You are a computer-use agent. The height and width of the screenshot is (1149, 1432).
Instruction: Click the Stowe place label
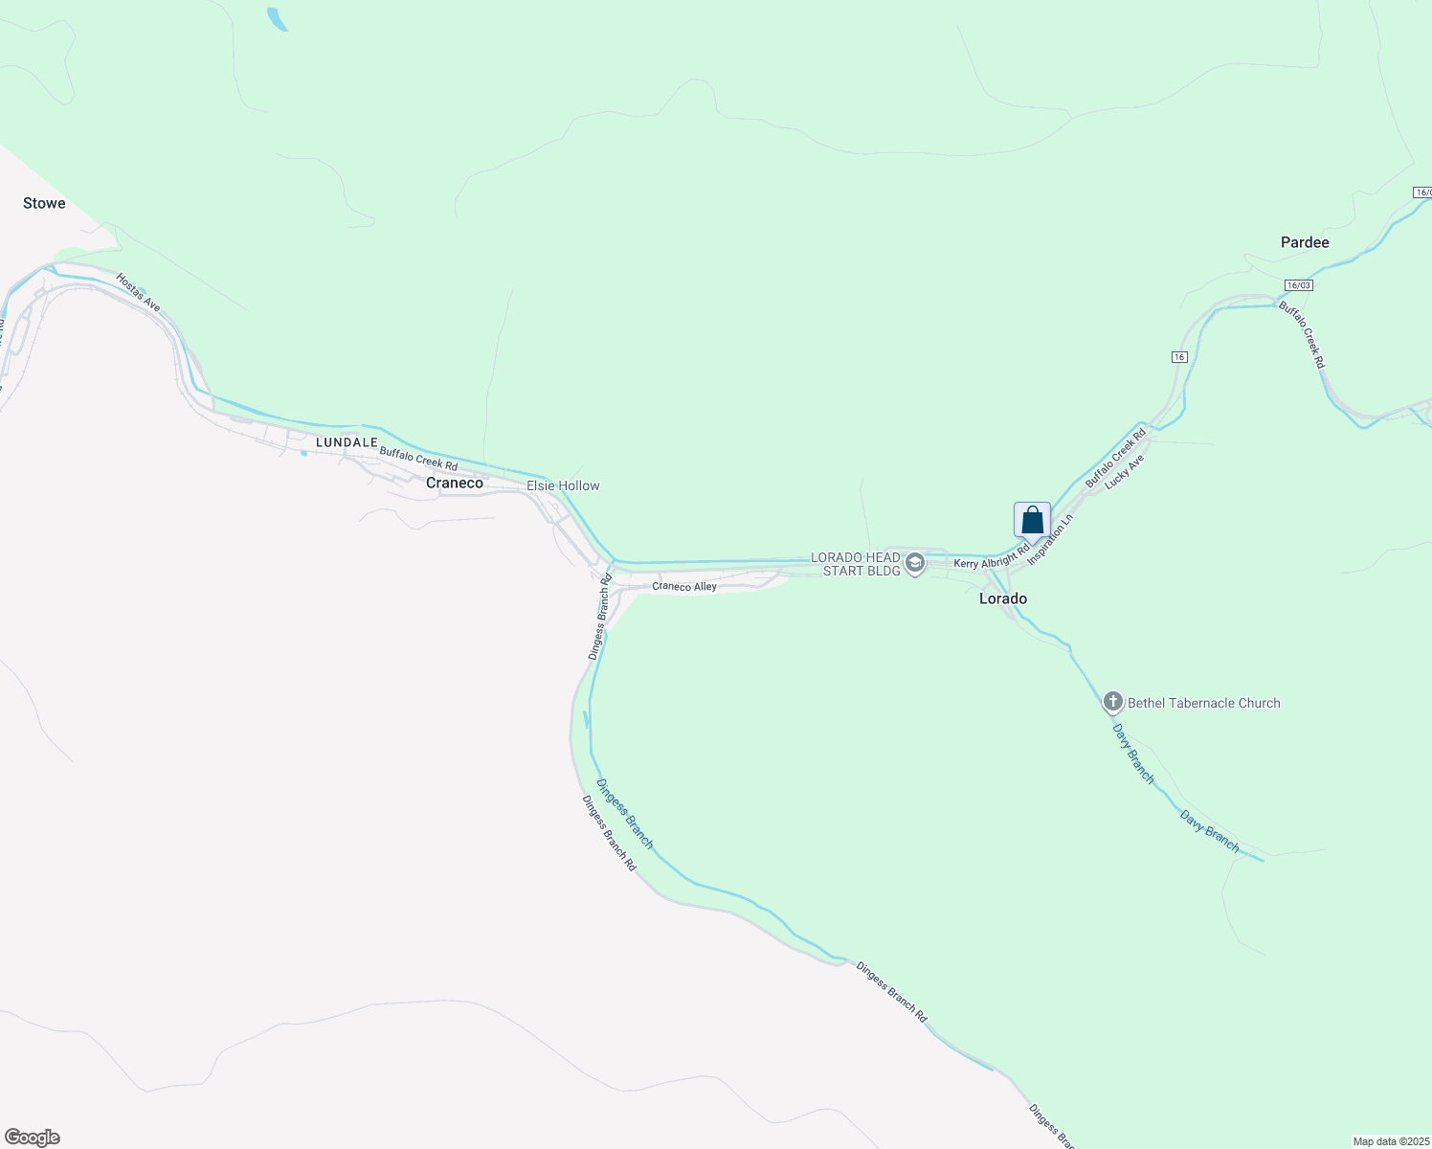(44, 203)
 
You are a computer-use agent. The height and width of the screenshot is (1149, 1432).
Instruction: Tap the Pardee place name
(1305, 242)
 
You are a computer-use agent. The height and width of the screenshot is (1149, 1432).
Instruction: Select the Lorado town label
(1003, 598)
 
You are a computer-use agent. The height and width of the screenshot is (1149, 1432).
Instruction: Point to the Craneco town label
(455, 483)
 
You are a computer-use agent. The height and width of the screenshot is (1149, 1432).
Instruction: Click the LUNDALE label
(347, 442)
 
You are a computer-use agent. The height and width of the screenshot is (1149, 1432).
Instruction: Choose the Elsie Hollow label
(563, 485)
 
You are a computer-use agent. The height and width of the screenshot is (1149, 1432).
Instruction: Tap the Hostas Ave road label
(138, 293)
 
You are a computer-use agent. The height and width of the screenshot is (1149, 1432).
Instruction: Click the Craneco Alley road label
(684, 586)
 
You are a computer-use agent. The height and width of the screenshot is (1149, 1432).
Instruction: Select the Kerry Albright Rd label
(991, 558)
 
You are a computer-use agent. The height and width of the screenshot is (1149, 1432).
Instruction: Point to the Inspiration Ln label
(1050, 539)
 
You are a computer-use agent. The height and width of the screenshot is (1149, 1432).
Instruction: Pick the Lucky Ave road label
(1124, 472)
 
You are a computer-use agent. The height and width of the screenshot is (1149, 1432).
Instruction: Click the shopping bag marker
(1032, 520)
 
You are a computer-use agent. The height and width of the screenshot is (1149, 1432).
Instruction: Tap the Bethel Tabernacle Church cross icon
(1112, 703)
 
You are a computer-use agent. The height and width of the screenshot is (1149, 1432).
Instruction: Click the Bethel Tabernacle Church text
(1203, 703)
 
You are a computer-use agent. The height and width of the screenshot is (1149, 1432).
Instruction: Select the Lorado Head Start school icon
(915, 564)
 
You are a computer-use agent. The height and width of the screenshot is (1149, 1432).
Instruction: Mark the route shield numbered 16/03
(1298, 285)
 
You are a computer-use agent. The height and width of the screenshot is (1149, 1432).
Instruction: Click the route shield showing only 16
(1179, 357)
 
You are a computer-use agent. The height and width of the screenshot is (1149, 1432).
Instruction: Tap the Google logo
(33, 1138)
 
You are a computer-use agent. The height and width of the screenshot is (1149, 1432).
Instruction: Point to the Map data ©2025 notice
(1391, 1141)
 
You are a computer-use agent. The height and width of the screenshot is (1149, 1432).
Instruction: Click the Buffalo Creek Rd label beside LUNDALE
(418, 458)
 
